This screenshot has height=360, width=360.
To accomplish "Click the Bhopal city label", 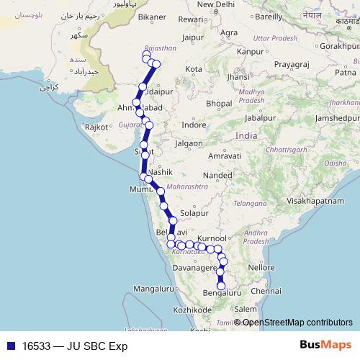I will tap(218, 104).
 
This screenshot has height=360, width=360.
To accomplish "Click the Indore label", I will tap(194, 125).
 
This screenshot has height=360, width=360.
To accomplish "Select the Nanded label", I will tap(217, 175).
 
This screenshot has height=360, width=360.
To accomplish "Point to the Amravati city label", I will tap(222, 156).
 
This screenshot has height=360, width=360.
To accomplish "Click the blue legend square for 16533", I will tap(10, 345).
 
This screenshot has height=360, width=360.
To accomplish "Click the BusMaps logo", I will tap(325, 345).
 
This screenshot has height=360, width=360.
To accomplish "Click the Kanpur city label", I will tap(251, 52).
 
